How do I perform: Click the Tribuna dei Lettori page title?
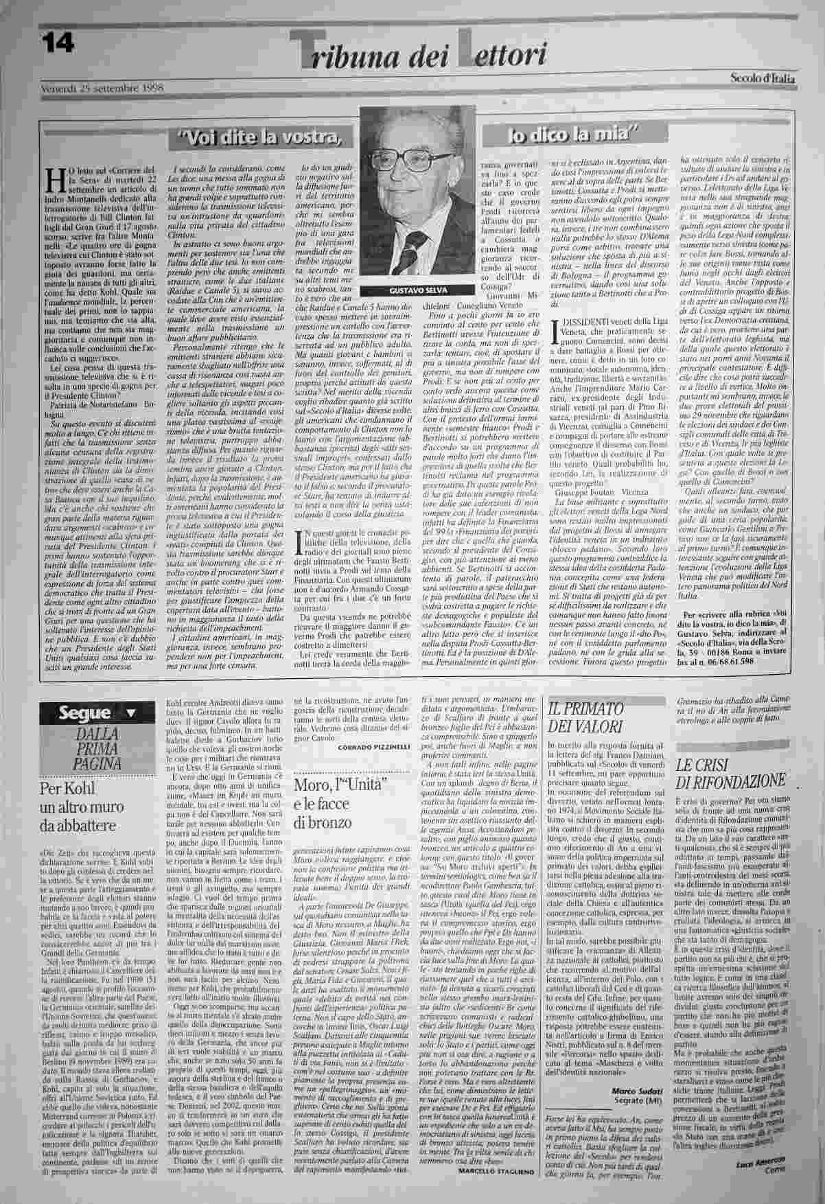(419, 53)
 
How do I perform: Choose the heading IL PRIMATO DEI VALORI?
(585, 718)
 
